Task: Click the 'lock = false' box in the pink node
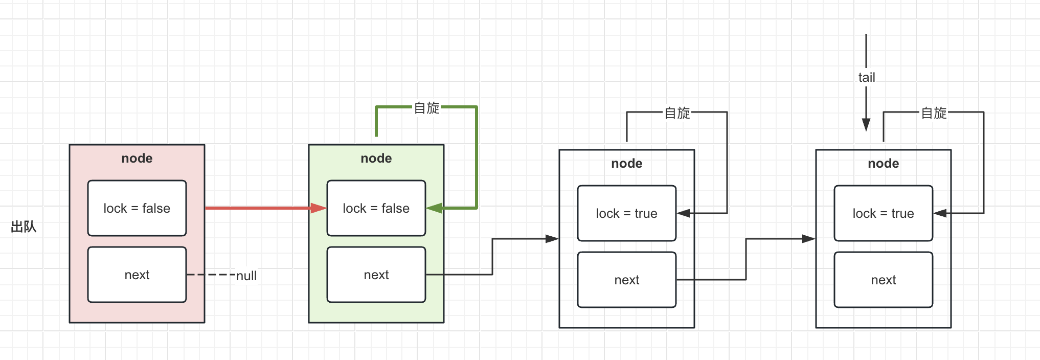(x=137, y=208)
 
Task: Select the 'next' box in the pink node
(x=137, y=275)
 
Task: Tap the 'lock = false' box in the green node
(x=376, y=208)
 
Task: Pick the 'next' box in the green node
(x=376, y=275)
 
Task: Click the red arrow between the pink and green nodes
(x=261, y=208)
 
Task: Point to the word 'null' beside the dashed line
(x=246, y=276)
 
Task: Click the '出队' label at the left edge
(x=24, y=227)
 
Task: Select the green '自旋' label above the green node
(x=426, y=108)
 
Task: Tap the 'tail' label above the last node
(x=866, y=78)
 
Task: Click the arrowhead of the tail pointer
(x=866, y=124)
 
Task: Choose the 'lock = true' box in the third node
(x=626, y=213)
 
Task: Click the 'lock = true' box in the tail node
(x=883, y=213)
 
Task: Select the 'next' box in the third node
(x=626, y=280)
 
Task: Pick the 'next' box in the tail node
(x=883, y=280)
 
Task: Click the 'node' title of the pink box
(x=137, y=159)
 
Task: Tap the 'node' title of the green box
(x=376, y=159)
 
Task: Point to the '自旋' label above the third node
(x=677, y=113)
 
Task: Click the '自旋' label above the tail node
(x=934, y=113)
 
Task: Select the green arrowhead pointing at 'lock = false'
(x=434, y=208)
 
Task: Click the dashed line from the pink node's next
(x=211, y=275)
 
